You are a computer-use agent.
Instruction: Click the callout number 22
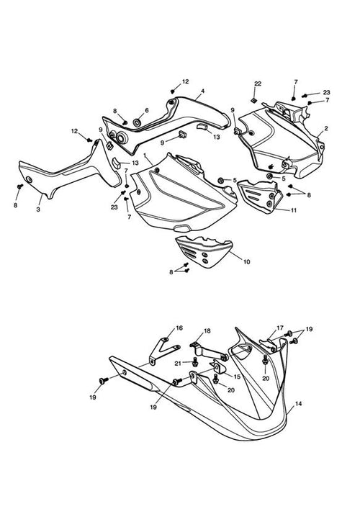(x=258, y=84)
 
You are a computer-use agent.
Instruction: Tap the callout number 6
(x=147, y=110)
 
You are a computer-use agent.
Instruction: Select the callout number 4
(x=202, y=91)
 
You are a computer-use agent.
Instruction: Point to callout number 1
(x=145, y=156)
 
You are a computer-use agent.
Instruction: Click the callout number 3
(x=38, y=210)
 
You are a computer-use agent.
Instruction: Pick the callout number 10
(x=247, y=261)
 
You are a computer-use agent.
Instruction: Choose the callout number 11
(x=294, y=210)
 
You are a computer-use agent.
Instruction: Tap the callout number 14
(x=299, y=403)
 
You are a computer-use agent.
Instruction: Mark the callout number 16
(x=179, y=328)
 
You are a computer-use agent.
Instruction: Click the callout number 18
(x=207, y=330)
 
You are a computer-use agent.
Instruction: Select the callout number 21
(x=178, y=364)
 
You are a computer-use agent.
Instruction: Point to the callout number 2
(x=326, y=128)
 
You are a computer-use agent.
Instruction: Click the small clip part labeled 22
(x=253, y=100)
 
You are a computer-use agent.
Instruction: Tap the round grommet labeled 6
(x=137, y=123)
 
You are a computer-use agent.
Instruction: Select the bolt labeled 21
(x=195, y=362)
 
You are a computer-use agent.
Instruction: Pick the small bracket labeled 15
(x=218, y=367)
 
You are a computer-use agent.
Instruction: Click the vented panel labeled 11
(x=258, y=197)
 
